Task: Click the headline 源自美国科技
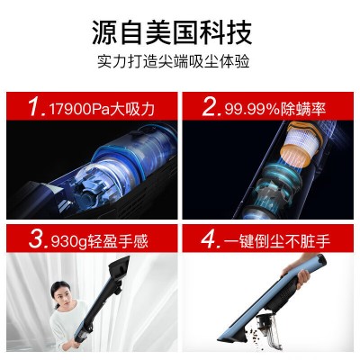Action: pos(172,32)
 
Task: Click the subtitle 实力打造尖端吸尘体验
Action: pos(174,61)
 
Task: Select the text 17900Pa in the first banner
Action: pos(79,109)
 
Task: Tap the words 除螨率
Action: pos(303,109)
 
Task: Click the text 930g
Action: pos(69,241)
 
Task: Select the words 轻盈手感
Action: pos(118,240)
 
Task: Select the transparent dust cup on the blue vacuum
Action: pos(268,327)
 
